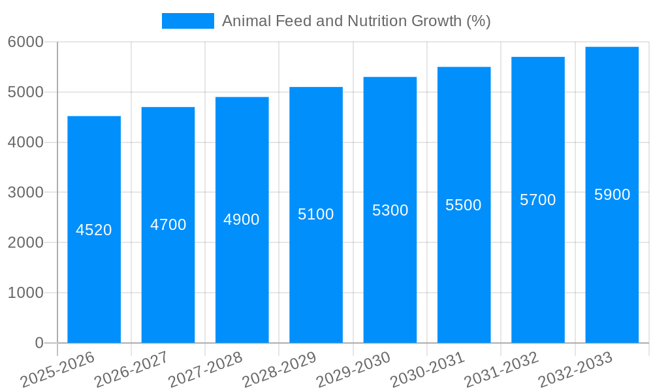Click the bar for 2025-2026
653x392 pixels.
(94, 261)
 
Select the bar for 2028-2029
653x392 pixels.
(316, 261)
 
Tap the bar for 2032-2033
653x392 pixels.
(612, 261)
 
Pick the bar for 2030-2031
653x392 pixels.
(464, 261)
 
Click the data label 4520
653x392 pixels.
(94, 230)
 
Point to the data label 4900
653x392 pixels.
(242, 220)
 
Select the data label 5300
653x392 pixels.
(390, 210)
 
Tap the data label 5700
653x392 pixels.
(537, 200)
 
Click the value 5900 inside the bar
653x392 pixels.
(612, 195)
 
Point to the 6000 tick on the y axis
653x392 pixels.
(25, 42)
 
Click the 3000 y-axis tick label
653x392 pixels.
(25, 193)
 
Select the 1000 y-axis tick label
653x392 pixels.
(25, 293)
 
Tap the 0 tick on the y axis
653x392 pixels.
(39, 343)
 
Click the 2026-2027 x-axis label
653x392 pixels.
(131, 370)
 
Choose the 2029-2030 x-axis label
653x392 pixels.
(353, 370)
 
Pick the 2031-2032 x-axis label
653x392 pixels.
(502, 370)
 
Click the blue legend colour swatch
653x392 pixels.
(187, 21)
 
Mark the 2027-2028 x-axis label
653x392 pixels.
(205, 370)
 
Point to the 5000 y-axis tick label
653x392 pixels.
(25, 92)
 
